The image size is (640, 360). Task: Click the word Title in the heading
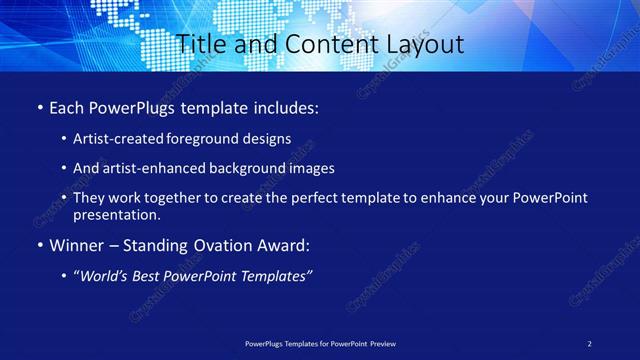click(198, 45)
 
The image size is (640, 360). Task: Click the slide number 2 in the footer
click(589, 343)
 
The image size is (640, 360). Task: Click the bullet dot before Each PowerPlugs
click(39, 106)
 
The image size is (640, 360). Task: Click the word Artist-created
click(111, 139)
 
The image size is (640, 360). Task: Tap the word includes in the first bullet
click(283, 106)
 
